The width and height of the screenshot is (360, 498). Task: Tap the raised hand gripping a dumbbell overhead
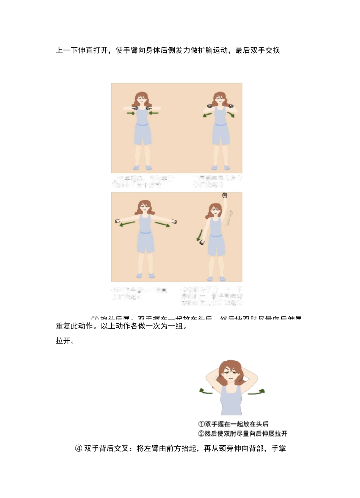coord(224,196)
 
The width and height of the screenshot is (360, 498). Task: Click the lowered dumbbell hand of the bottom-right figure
coord(203,243)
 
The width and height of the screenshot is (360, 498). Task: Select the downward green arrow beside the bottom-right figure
coord(199,235)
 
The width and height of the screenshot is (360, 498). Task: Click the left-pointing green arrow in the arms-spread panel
coord(127,224)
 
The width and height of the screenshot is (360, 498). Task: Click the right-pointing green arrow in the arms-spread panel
coord(162,224)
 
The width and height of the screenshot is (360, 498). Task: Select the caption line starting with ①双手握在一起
coord(233,424)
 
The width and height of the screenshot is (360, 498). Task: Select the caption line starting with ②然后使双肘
coord(243,433)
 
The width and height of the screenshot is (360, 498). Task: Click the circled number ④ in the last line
coord(79,449)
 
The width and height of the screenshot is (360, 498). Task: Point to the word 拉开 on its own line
coord(63,341)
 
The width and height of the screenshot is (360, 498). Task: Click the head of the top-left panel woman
coord(141,100)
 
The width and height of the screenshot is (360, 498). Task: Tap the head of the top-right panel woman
coord(219,99)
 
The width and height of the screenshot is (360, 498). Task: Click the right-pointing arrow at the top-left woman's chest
coord(131,113)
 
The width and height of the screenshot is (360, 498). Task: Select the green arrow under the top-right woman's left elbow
coord(207,115)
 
